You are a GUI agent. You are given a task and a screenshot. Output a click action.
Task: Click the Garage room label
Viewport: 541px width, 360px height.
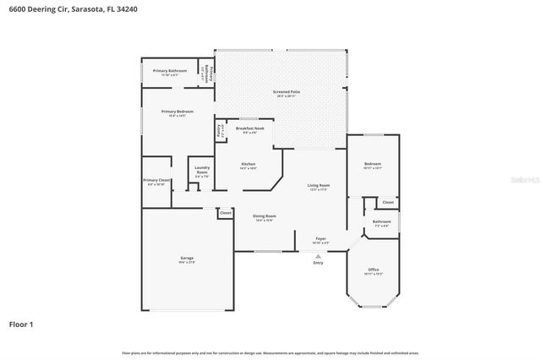187,259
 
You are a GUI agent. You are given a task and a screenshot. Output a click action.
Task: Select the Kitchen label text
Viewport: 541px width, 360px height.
249,164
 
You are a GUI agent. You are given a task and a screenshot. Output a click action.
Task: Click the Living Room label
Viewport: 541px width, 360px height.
318,185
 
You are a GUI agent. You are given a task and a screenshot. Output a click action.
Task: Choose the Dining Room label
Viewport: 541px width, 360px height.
265,215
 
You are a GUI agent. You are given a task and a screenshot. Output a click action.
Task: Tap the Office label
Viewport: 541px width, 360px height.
373,270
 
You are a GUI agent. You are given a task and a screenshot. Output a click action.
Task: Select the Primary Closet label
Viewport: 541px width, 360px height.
156,180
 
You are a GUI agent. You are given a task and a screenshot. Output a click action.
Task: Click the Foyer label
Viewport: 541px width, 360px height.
321,239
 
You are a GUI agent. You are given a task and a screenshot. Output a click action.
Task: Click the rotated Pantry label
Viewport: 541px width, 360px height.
220,130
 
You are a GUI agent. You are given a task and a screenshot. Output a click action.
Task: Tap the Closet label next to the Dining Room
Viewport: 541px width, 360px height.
226,213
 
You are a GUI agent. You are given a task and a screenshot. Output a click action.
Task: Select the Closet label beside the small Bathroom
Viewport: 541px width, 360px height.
387,203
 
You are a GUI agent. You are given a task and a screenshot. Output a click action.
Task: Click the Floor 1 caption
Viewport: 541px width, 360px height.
22,324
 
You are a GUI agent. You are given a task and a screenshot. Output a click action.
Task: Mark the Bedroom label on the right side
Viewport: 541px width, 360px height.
373,164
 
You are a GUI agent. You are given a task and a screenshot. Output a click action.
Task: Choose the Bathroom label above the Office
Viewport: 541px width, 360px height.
381,222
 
